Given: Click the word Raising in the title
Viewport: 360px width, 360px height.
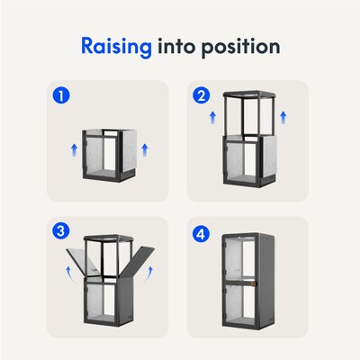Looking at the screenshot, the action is [x=116, y=48].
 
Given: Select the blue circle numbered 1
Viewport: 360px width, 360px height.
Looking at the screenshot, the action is [x=61, y=96].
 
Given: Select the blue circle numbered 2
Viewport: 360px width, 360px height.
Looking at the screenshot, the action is [x=202, y=96].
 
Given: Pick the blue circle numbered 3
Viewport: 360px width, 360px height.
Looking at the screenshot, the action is [x=61, y=231].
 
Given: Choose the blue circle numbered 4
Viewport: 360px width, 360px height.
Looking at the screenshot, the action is [x=202, y=233].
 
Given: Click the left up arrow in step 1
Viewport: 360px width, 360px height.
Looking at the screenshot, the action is [x=74, y=149].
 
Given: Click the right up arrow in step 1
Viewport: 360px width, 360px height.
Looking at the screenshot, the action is [x=145, y=149].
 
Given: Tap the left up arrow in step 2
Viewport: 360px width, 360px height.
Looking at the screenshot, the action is [x=212, y=118].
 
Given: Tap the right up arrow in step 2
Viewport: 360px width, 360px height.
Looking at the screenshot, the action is [x=283, y=118].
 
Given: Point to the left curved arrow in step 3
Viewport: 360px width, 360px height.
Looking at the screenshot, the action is [x=69, y=273].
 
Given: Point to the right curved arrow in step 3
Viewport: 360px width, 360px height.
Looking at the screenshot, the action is [x=148, y=274].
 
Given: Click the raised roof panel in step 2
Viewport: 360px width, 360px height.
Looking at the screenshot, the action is [x=249, y=94].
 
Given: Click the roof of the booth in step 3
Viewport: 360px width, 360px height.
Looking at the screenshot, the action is [x=108, y=238].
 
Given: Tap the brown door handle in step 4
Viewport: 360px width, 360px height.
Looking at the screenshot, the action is [x=255, y=283].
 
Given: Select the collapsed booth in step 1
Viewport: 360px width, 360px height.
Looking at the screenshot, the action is [x=110, y=156].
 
